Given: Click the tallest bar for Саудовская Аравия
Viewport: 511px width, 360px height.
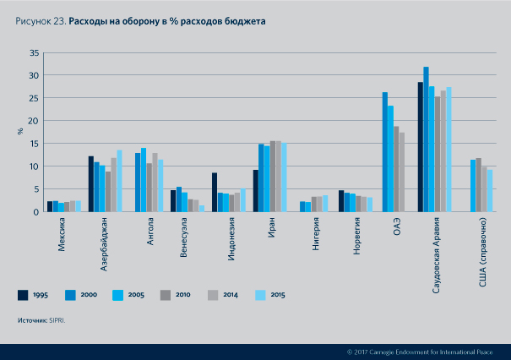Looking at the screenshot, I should pos(427,139).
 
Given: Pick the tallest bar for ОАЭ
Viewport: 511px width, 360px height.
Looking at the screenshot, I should pos(385,152).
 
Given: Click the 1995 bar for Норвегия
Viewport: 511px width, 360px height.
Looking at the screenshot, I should pos(341,201).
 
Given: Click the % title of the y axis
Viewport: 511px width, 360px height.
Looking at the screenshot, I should pos(20,132).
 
